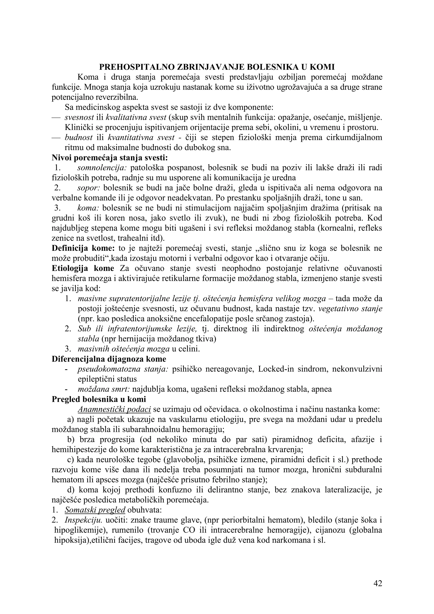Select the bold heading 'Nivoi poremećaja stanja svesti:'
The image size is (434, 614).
[x=110, y=158]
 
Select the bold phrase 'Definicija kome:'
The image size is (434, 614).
[x=83, y=248]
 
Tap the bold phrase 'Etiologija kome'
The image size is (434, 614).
[x=83, y=268]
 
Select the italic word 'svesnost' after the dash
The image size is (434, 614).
[x=79, y=117]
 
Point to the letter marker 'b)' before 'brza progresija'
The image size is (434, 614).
[x=71, y=439]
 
